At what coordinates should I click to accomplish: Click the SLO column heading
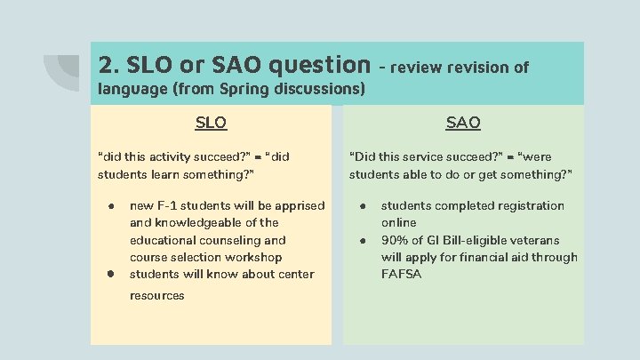(211, 123)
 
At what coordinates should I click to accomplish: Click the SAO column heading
(463, 123)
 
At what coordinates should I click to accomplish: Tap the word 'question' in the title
(318, 64)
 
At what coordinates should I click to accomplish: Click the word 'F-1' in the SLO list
(171, 205)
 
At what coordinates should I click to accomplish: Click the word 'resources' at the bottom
(157, 295)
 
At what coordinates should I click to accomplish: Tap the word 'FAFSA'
(402, 274)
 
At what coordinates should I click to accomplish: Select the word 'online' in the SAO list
(399, 222)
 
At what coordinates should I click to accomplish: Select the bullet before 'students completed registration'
(364, 205)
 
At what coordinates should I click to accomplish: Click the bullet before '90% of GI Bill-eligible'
(364, 240)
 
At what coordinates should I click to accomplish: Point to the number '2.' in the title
(108, 64)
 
